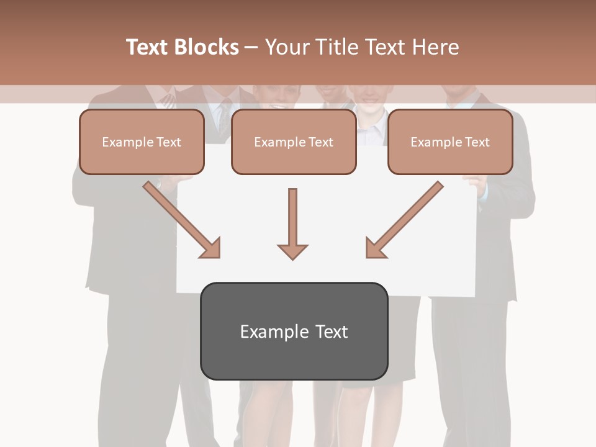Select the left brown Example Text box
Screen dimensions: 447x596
tap(142, 142)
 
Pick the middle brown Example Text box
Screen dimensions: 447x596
tap(294, 142)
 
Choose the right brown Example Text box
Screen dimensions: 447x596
tap(450, 142)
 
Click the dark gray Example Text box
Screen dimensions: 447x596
tap(294, 332)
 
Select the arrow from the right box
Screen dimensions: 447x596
tap(407, 217)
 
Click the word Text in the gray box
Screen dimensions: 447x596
tap(331, 332)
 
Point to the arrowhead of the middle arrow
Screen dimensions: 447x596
tap(292, 251)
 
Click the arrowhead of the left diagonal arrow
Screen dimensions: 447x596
tap(211, 248)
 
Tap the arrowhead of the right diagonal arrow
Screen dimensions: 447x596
tap(375, 248)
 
